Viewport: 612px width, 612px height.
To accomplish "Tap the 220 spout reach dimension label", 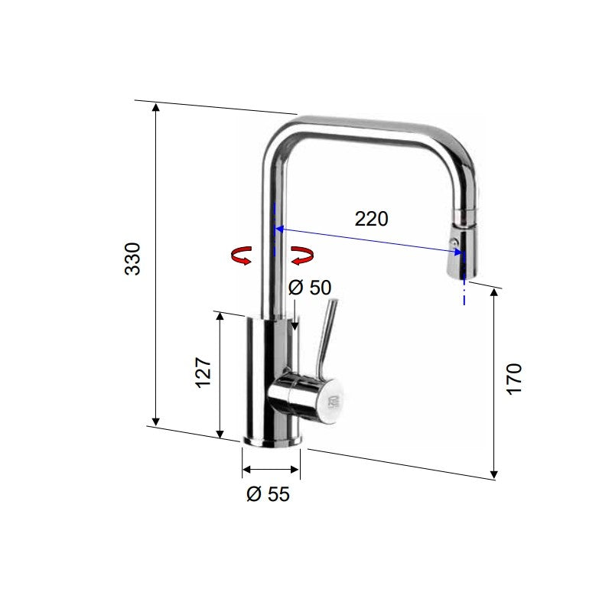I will pyautogui.click(x=371, y=219).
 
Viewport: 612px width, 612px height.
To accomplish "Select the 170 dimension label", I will pyautogui.click(x=514, y=379).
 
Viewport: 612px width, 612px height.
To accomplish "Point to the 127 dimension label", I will pyautogui.click(x=203, y=372).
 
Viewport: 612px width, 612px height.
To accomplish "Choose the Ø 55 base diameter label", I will pyautogui.click(x=268, y=494).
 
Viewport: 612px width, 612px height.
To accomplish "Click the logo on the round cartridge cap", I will pyautogui.click(x=331, y=402).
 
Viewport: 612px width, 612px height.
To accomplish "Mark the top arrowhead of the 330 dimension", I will pyautogui.click(x=156, y=107).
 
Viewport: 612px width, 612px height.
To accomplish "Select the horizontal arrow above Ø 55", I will pyautogui.click(x=271, y=470).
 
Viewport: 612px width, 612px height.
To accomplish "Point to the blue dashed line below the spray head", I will pyautogui.click(x=464, y=291).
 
